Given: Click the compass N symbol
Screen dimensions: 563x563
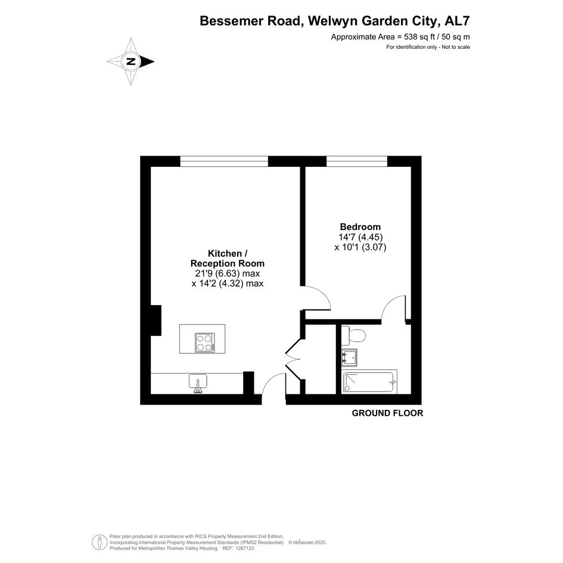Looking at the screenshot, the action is (130, 61).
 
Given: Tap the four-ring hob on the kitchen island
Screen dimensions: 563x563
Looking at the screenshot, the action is (205, 343).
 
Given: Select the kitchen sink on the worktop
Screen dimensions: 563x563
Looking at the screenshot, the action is (198, 383).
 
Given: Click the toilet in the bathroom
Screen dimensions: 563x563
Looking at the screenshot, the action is (353, 336).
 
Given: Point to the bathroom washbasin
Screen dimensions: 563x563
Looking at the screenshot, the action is (349, 357).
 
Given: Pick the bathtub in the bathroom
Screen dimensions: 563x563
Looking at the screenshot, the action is (369, 382).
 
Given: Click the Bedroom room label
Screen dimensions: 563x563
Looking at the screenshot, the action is (360, 227).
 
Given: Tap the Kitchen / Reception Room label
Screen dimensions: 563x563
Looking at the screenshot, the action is (227, 259).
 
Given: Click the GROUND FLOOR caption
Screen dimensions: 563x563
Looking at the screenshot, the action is (387, 413).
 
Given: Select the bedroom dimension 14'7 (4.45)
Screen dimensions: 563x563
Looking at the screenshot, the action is (360, 237).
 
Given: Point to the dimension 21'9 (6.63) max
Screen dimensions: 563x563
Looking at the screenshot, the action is (227, 273).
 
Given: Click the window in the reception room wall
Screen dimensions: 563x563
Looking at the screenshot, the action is (224, 161).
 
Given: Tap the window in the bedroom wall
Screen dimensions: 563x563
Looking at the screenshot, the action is (356, 161).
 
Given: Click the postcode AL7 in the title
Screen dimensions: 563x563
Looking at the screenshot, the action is (457, 21).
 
